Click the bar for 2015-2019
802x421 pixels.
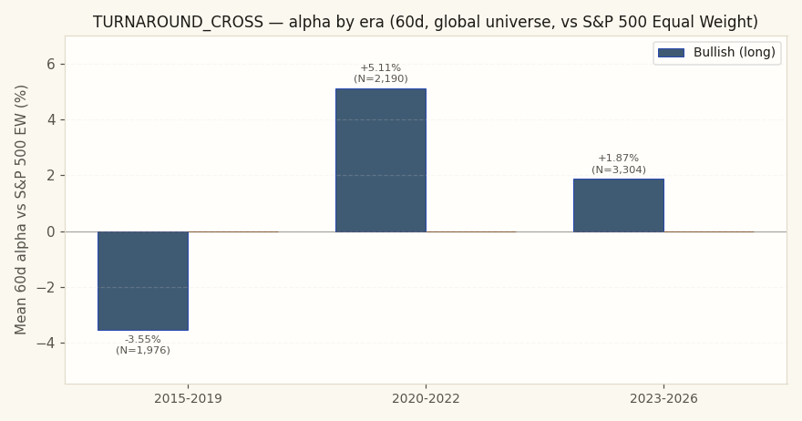[143, 281]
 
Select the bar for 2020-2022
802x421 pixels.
[381, 160]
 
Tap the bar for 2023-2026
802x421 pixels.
[619, 205]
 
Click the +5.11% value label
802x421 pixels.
[381, 67]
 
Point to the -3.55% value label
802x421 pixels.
[143, 339]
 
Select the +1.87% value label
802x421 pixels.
[619, 158]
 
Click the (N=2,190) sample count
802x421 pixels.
[381, 78]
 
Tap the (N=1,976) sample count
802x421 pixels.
[143, 351]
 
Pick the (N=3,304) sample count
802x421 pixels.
[619, 169]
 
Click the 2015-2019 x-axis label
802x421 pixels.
[189, 398]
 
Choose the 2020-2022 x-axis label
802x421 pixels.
[427, 398]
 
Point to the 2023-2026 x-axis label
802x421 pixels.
[663, 398]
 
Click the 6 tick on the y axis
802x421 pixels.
[49, 64]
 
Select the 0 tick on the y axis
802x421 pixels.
[49, 231]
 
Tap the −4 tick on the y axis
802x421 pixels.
[45, 344]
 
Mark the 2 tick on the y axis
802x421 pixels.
[49, 176]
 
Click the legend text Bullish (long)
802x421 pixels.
[735, 52]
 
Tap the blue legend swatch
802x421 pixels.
[671, 53]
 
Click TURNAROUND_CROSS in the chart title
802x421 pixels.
[178, 22]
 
